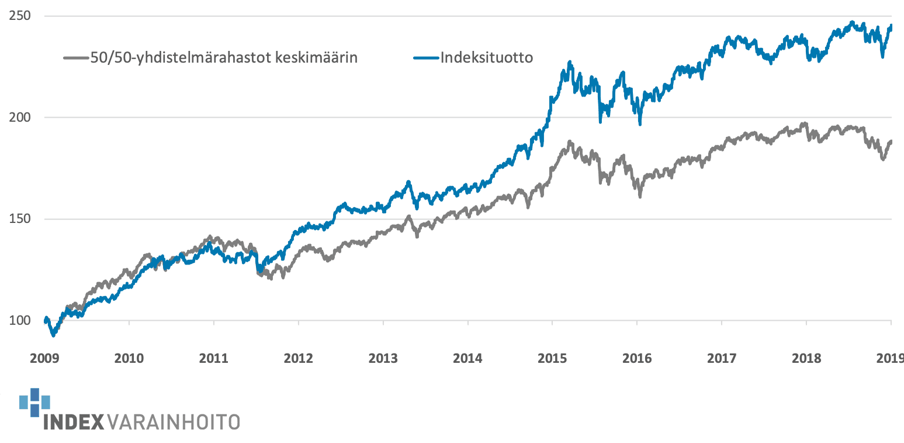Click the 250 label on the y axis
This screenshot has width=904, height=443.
click(x=20, y=16)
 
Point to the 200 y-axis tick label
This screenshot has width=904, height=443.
click(x=20, y=117)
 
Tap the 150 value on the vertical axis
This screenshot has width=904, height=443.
click(x=20, y=219)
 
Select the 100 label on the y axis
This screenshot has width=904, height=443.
click(x=20, y=321)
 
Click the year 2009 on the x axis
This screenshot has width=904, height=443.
click(x=44, y=359)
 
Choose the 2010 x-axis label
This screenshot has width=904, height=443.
click(x=129, y=359)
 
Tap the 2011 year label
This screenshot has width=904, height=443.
click(x=213, y=359)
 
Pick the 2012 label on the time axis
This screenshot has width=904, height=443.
click(x=298, y=359)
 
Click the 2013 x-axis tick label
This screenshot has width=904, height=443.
click(x=383, y=359)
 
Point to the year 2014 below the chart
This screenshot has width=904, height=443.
click(x=467, y=359)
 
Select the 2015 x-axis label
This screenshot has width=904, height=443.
click(x=552, y=359)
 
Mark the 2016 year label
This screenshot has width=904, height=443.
click(x=637, y=359)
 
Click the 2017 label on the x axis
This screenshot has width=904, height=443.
click(x=722, y=359)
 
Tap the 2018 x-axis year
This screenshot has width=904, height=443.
click(x=806, y=359)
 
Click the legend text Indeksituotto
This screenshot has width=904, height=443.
click(x=487, y=58)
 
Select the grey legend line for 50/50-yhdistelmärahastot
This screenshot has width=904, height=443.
click(x=76, y=58)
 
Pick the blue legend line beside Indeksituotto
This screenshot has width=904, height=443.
click(x=426, y=58)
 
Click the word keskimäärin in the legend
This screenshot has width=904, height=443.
click(x=316, y=58)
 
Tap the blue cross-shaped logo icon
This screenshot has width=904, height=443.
click(x=34, y=402)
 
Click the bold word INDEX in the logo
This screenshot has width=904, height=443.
click(x=74, y=423)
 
